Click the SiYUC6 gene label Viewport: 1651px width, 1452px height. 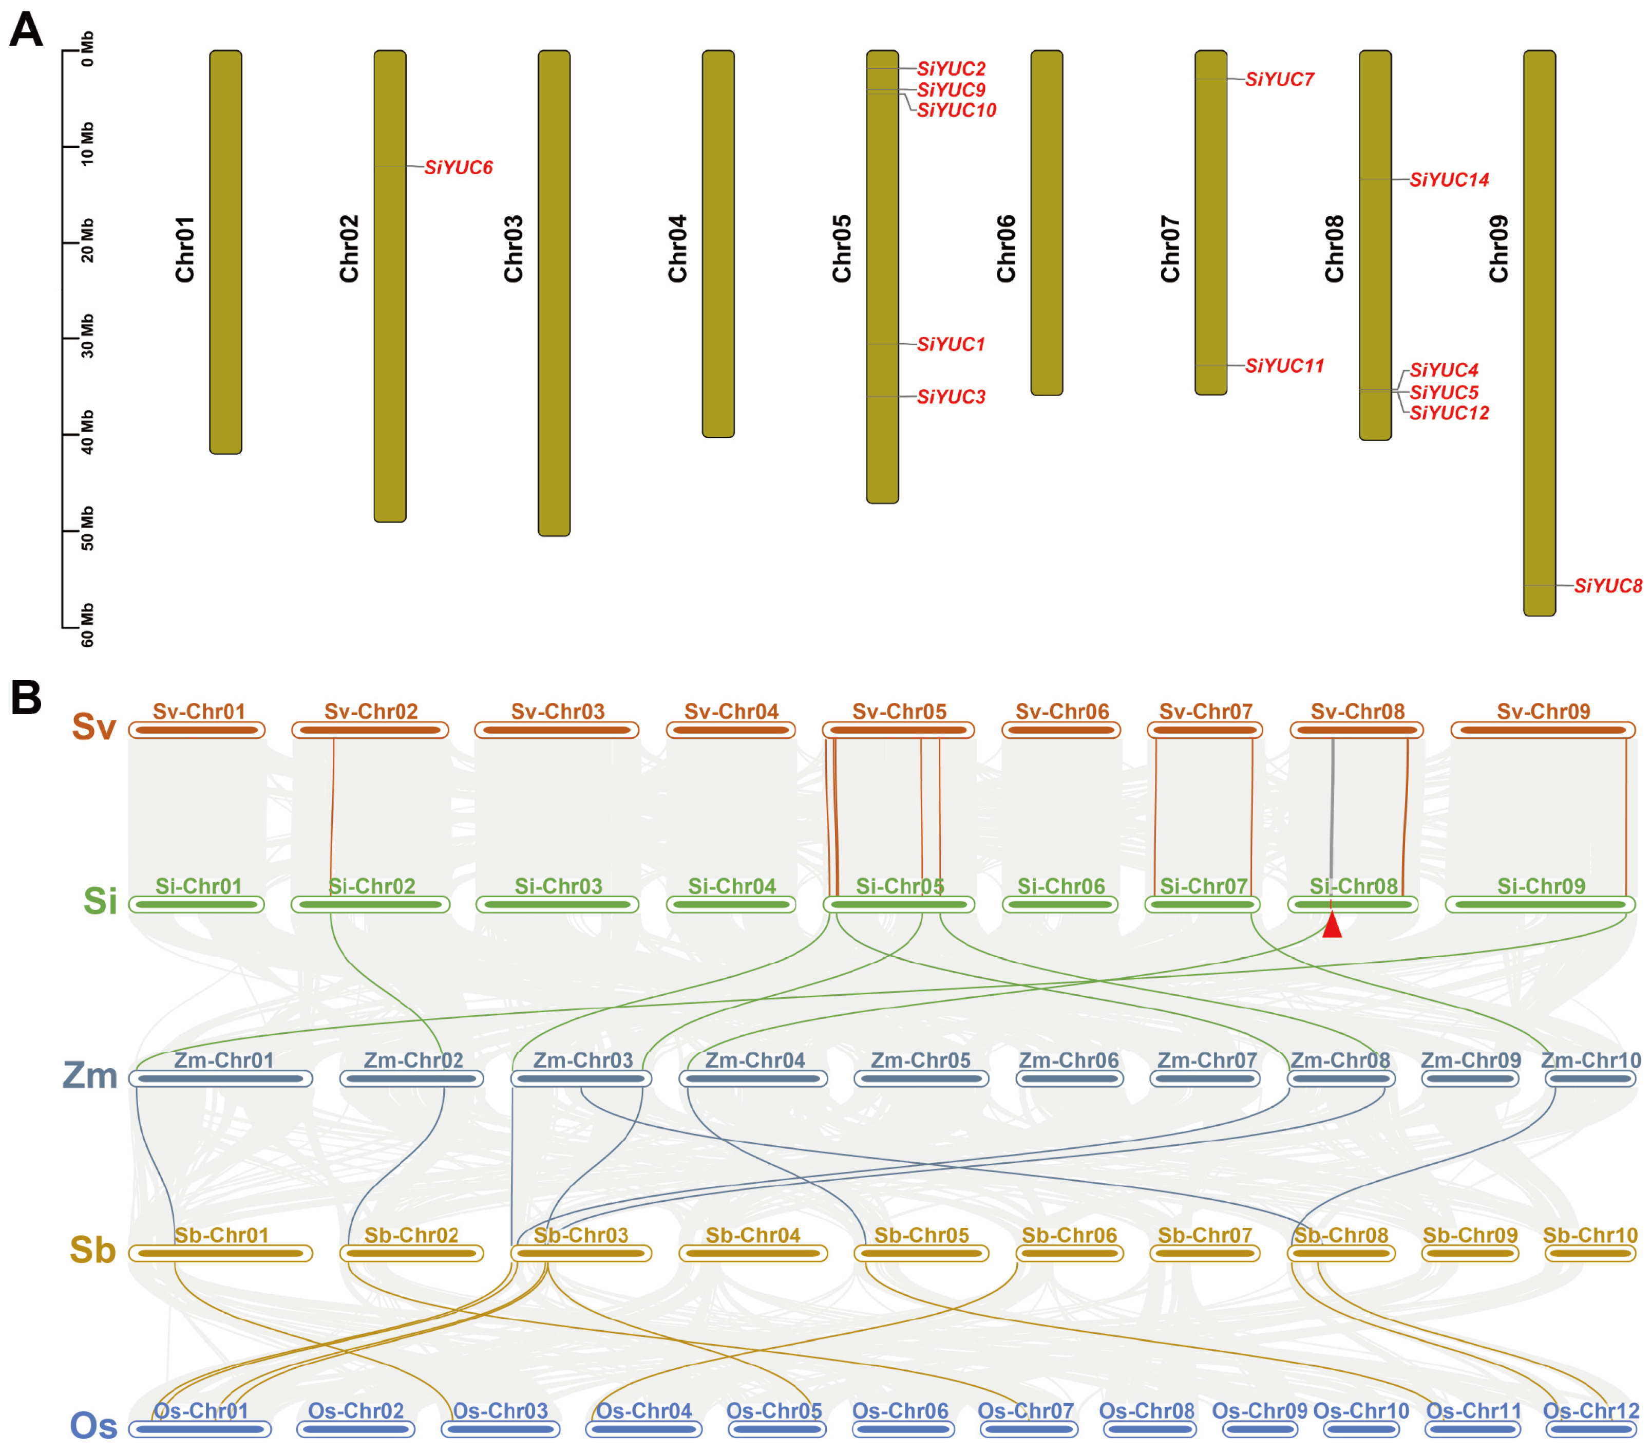coord(458,167)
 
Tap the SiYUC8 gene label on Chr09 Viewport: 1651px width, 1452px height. coord(1607,586)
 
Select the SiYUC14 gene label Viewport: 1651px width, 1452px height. coord(1449,179)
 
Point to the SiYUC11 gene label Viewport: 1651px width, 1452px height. coord(1284,366)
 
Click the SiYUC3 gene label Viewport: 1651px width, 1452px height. coord(951,397)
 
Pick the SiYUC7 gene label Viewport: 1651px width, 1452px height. coord(1279,79)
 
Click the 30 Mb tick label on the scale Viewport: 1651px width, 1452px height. coord(87,336)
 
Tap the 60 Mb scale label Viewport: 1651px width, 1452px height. coord(87,625)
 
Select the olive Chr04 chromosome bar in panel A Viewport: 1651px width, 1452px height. coord(718,243)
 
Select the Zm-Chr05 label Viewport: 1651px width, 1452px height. coord(920,1060)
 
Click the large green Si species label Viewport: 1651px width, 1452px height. coord(100,901)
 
